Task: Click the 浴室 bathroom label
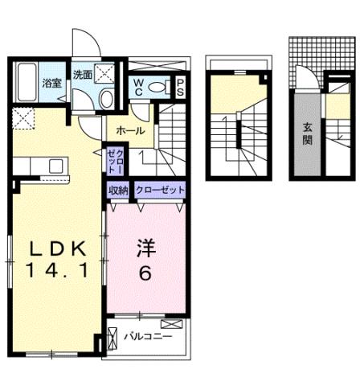click(x=52, y=83)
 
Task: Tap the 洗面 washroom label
click(x=84, y=74)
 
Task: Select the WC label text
click(x=137, y=88)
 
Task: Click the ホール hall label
click(x=130, y=130)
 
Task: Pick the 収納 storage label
click(x=118, y=190)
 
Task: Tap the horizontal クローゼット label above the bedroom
click(x=160, y=190)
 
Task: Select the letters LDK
click(x=54, y=247)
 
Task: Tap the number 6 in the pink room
click(x=145, y=273)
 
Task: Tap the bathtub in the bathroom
click(x=27, y=79)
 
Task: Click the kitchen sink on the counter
click(x=55, y=166)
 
